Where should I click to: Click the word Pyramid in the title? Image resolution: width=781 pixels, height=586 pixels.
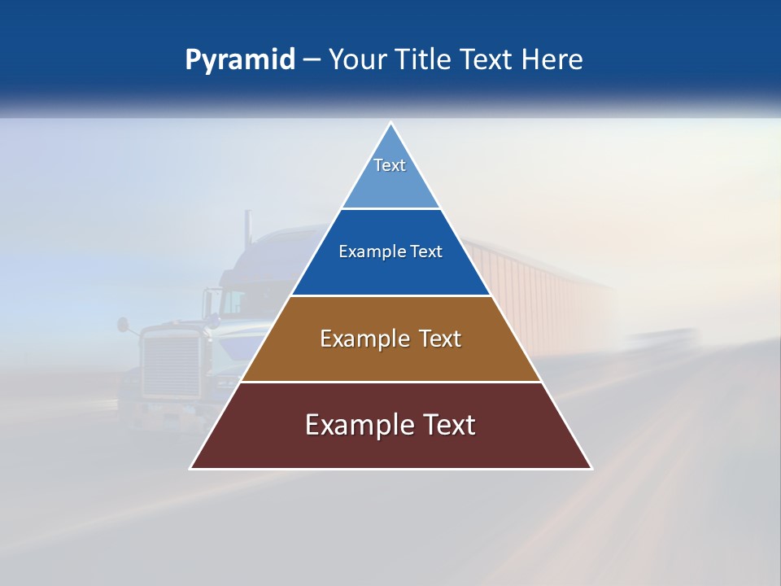(x=240, y=60)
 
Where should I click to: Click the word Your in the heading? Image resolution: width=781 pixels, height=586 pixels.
(x=356, y=60)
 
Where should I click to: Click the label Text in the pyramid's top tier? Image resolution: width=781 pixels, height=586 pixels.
(x=390, y=165)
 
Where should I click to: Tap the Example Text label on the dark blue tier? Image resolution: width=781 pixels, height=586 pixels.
(x=390, y=251)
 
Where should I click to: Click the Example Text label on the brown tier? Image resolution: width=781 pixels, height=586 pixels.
(x=390, y=339)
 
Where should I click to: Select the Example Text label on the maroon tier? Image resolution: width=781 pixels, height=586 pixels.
(x=390, y=425)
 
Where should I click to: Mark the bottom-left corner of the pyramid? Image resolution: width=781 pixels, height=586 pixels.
(x=191, y=468)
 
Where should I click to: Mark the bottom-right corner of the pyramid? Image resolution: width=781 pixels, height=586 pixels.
(x=591, y=468)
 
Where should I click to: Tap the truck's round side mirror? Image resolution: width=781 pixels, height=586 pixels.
(x=123, y=324)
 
